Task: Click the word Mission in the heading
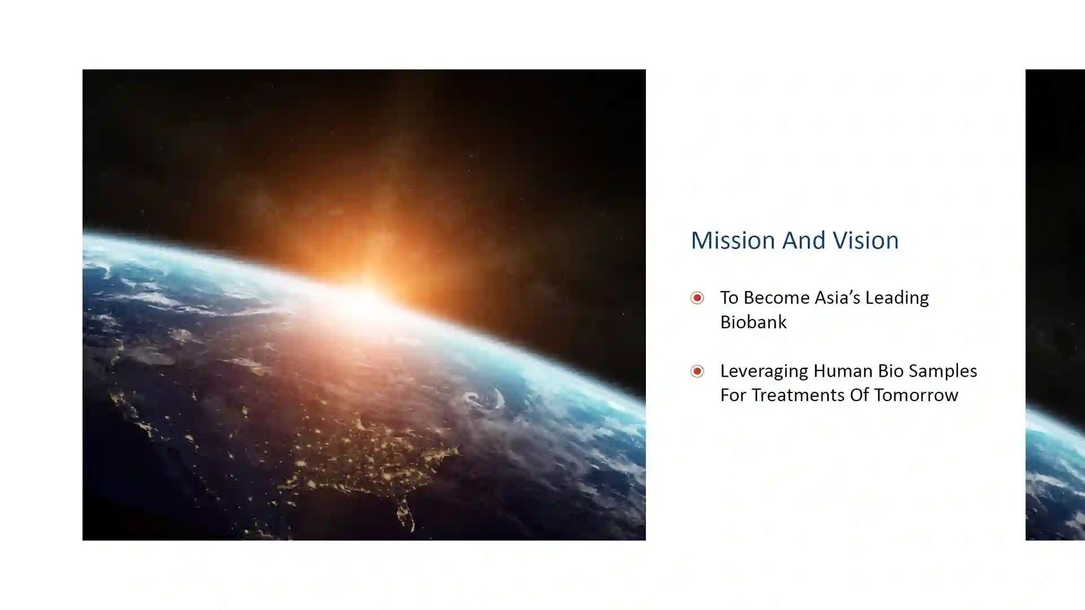click(x=733, y=240)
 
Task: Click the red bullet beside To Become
click(x=697, y=298)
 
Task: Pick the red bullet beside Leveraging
click(x=697, y=371)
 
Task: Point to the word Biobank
click(x=753, y=322)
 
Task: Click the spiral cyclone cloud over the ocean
click(x=484, y=399)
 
